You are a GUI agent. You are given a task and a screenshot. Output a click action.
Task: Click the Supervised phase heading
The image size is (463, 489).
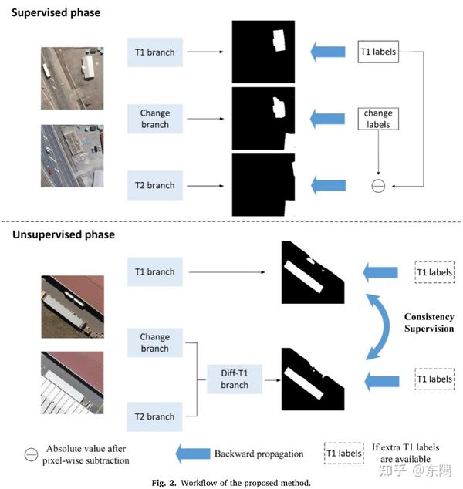[56, 13]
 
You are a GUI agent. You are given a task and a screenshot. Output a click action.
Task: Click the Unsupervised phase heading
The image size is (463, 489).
[63, 234]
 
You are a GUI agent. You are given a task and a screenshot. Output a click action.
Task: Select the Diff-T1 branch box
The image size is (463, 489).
[235, 379]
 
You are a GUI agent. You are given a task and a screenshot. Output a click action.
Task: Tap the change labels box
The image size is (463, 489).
[378, 119]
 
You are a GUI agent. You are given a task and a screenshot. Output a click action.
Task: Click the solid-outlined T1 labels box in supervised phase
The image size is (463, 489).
[378, 52]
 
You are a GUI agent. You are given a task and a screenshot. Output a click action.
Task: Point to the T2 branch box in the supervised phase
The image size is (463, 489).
[155, 185]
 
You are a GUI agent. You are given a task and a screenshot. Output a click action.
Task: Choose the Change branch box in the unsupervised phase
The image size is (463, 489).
[155, 342]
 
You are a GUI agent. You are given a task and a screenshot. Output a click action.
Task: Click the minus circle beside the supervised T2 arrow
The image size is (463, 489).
[378, 186]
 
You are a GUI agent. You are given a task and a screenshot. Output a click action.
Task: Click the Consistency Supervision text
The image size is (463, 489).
[429, 322]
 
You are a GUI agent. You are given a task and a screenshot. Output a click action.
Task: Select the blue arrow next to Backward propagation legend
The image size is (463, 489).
[193, 454]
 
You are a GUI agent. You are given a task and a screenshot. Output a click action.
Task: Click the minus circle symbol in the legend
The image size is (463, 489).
[31, 454]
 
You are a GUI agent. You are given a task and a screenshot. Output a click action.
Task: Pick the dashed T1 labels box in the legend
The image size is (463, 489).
[344, 454]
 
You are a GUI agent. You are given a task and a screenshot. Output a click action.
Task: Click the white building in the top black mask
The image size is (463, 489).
[279, 41]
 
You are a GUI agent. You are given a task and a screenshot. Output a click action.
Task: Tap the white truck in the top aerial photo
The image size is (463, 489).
[46, 71]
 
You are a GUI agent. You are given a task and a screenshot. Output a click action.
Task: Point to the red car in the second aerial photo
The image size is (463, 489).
[51, 171]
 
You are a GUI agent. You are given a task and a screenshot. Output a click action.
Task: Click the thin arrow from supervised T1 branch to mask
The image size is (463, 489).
[205, 52]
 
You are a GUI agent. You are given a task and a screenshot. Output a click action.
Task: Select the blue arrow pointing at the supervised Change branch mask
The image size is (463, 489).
[328, 119]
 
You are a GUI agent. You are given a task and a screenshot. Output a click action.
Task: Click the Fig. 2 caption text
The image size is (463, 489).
[231, 483]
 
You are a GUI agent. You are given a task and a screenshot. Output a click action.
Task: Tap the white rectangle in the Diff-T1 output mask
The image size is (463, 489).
[303, 383]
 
